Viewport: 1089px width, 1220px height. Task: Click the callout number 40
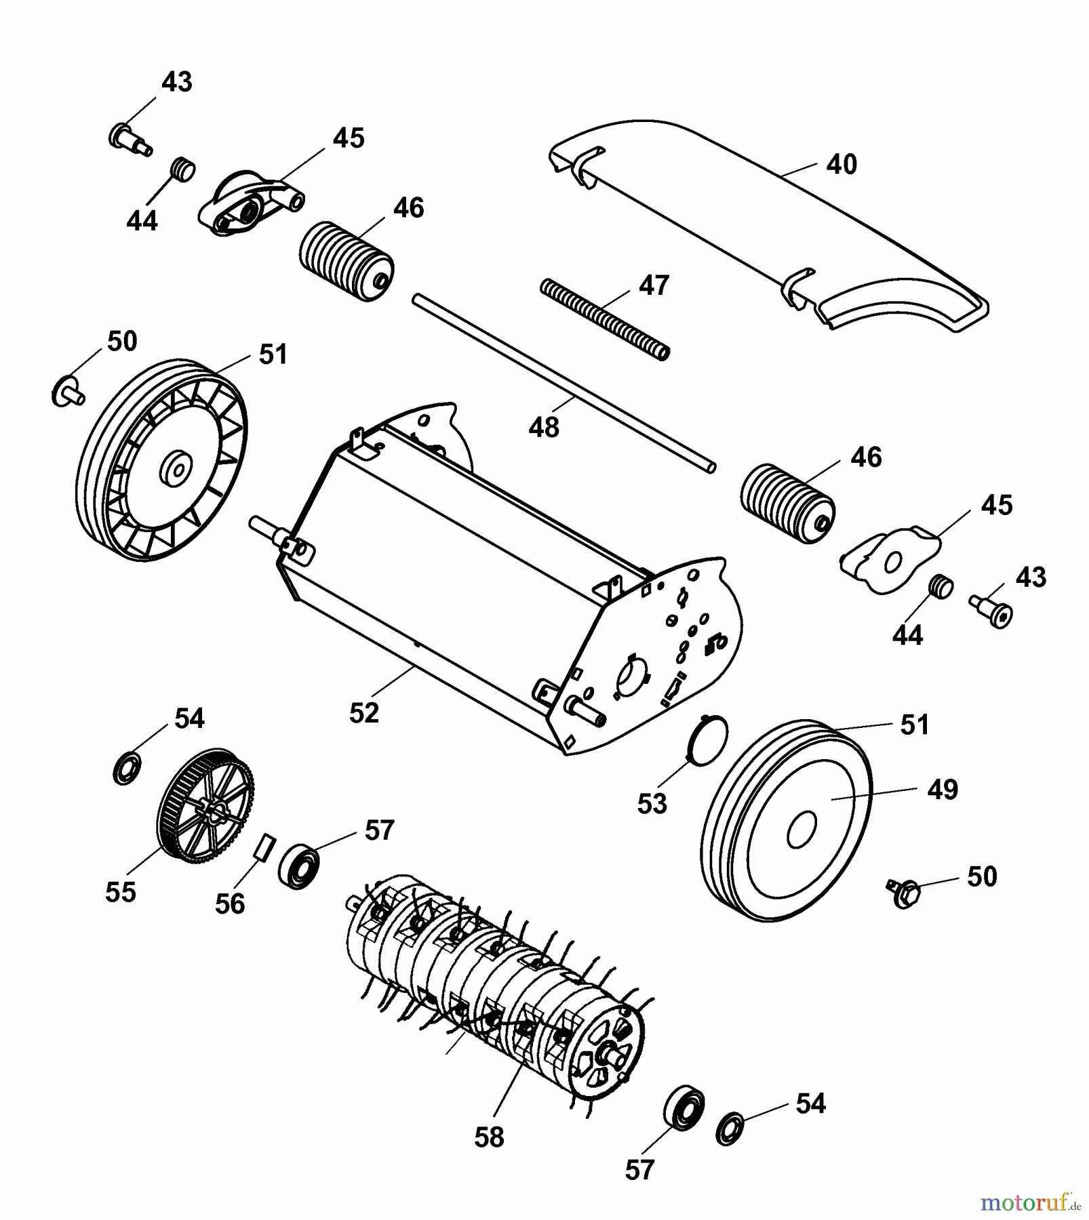click(841, 165)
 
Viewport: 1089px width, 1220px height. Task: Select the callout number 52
click(364, 712)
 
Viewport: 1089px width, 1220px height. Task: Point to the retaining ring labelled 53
click(707, 739)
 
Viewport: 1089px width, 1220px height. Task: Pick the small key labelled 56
click(264, 848)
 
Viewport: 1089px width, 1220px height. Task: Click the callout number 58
click(489, 1137)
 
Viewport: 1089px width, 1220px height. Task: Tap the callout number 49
click(942, 789)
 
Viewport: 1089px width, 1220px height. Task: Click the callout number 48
click(544, 427)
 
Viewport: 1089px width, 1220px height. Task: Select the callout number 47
click(654, 285)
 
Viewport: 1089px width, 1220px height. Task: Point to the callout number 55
click(121, 891)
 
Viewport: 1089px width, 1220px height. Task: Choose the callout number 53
click(652, 803)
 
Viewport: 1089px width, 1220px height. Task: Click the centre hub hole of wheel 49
click(801, 830)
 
